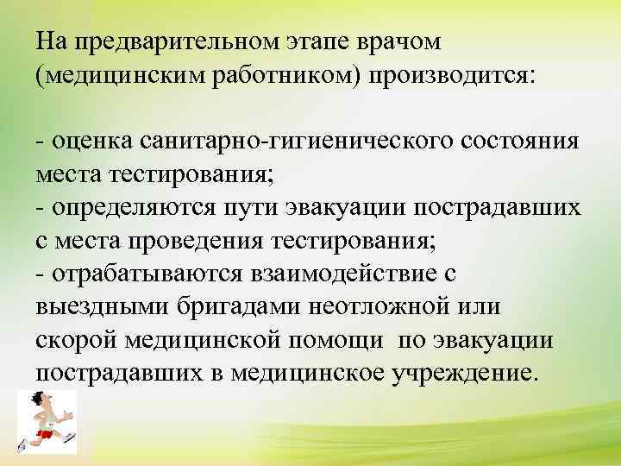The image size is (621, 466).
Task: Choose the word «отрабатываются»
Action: [147, 273]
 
